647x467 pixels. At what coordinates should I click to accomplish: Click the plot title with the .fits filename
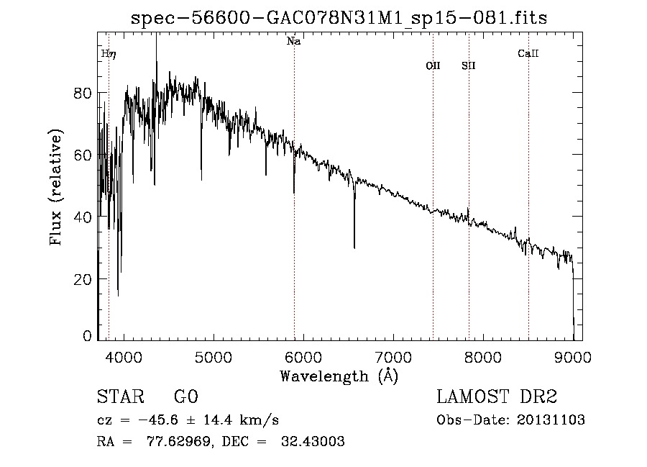click(339, 18)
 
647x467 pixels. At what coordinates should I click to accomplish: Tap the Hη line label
click(108, 53)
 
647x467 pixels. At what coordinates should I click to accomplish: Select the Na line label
click(293, 42)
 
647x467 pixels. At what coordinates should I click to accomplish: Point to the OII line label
click(433, 65)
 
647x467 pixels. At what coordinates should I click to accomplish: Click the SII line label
click(469, 65)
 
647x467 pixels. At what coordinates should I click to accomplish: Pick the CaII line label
click(528, 53)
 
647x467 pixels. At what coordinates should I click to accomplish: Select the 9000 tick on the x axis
click(572, 357)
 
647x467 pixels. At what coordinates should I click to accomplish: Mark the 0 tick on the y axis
click(86, 336)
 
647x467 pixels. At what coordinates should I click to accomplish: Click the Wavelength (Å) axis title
click(339, 376)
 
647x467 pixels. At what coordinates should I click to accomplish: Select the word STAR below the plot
click(119, 398)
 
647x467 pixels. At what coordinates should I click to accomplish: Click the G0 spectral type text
click(185, 398)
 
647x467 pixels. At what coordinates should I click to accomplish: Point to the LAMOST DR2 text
click(497, 398)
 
